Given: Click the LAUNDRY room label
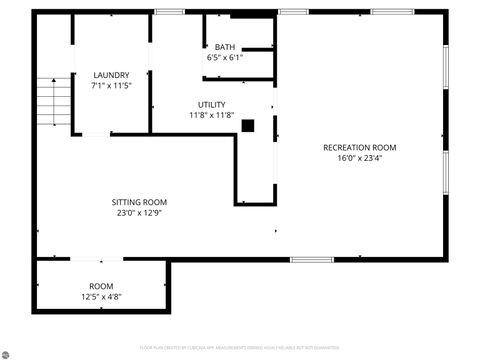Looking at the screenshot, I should click(111, 75).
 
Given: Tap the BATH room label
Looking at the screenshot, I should click(225, 47).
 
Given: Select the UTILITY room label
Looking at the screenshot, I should click(211, 104).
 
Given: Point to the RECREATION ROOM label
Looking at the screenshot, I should click(360, 147).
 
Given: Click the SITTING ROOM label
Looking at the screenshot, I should click(139, 202).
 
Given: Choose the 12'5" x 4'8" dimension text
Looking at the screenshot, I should click(101, 297).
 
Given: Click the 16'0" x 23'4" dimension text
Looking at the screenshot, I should click(360, 157).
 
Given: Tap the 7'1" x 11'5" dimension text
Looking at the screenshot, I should click(111, 86).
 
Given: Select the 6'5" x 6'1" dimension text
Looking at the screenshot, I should click(225, 57).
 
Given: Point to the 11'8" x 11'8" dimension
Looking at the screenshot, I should click(211, 115).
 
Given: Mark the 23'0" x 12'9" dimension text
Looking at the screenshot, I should click(139, 213).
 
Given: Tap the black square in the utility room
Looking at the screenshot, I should click(248, 125).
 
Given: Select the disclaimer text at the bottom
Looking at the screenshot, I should click(239, 348).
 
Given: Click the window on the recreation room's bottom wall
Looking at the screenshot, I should click(311, 259).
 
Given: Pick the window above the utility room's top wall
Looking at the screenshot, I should click(170, 12).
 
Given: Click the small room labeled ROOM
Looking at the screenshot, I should click(101, 286).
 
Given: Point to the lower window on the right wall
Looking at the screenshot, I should click(445, 172).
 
